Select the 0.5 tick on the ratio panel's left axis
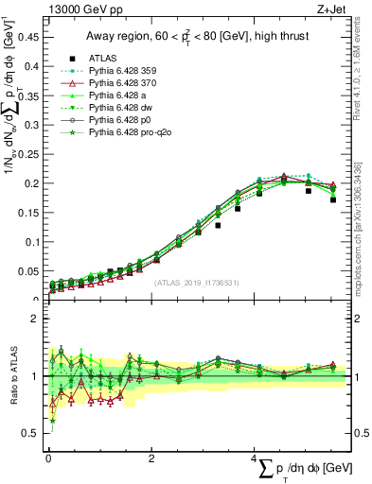pos(33,433)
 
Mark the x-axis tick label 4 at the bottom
pos(254,458)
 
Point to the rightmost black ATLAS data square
pos(333,199)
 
